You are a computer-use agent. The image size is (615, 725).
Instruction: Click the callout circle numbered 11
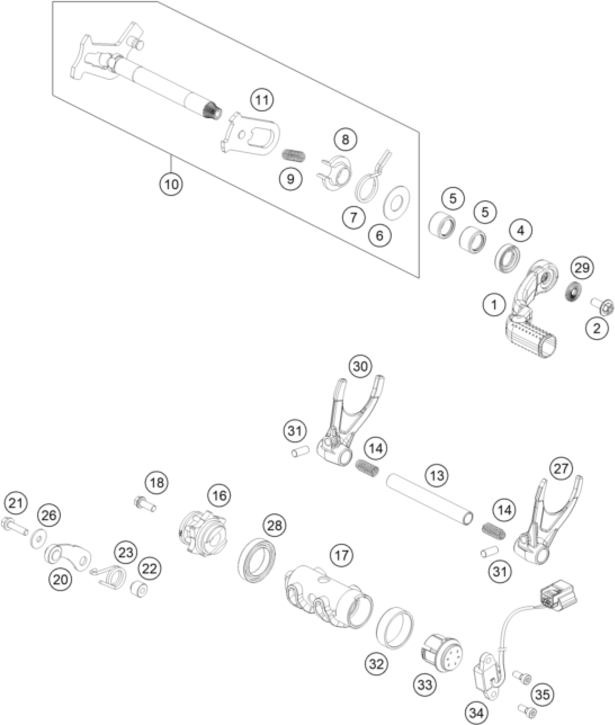pyautogui.click(x=263, y=100)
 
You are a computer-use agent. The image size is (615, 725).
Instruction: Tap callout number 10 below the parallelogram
pyautogui.click(x=171, y=184)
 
